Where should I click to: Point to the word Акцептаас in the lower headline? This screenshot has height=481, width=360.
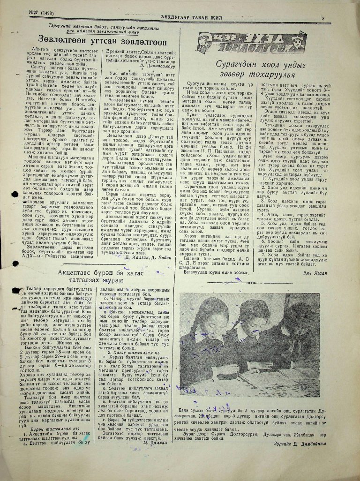point(79,272)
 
